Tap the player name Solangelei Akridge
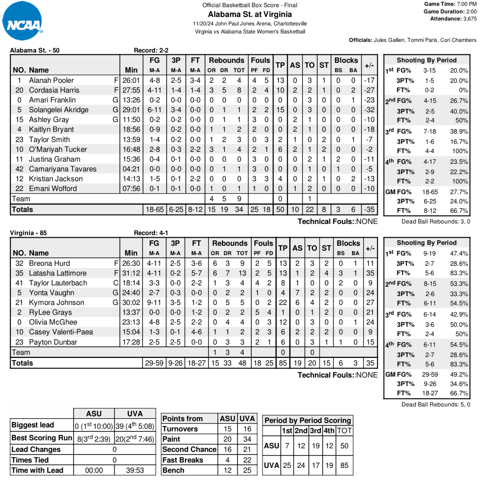click(58, 110)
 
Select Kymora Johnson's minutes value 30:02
click(131, 303)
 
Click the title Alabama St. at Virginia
click(250, 14)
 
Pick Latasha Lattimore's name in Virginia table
click(57, 273)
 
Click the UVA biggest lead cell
click(134, 426)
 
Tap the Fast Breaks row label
click(183, 460)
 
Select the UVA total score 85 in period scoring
click(344, 465)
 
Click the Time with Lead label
click(37, 470)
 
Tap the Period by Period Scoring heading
click(307, 421)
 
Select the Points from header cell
click(183, 418)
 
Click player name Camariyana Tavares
click(62, 169)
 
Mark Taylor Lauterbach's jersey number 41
click(19, 283)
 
